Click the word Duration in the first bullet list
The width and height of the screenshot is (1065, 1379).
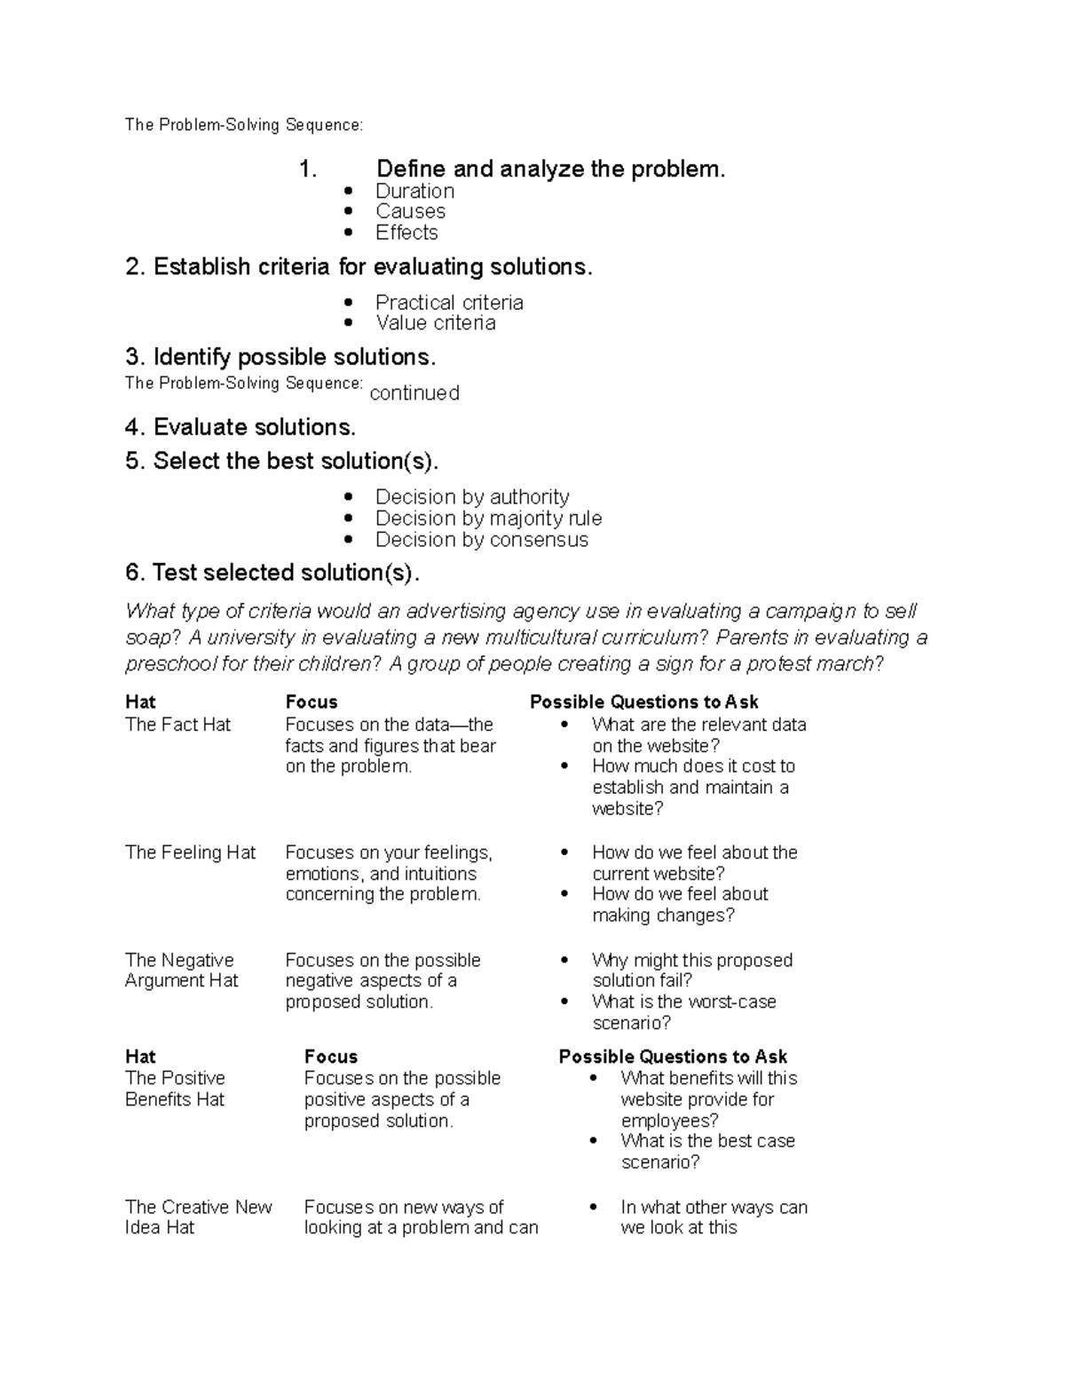(414, 191)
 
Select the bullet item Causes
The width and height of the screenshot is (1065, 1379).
(410, 211)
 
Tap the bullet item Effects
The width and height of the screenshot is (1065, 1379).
(406, 233)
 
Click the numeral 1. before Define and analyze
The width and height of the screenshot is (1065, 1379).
(308, 169)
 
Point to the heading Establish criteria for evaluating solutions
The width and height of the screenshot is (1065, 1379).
(359, 266)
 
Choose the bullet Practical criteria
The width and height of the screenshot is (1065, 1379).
(449, 303)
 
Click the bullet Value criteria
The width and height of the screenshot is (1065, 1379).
(435, 323)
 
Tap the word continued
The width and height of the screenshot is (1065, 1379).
(414, 393)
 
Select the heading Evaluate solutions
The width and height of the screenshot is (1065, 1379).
(241, 427)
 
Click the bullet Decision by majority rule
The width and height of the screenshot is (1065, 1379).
(488, 519)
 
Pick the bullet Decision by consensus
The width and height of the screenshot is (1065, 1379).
(481, 540)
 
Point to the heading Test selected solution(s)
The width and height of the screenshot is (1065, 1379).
(272, 573)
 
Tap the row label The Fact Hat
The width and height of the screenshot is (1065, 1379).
(177, 725)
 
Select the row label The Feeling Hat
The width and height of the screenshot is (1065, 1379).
(190, 852)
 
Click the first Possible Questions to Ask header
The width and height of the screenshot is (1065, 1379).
(643, 701)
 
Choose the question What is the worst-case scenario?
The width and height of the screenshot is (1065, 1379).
(683, 1012)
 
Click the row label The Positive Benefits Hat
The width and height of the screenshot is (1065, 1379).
(175, 1089)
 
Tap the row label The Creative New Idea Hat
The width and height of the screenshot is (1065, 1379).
(198, 1217)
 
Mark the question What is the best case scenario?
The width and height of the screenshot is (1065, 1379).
(707, 1152)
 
